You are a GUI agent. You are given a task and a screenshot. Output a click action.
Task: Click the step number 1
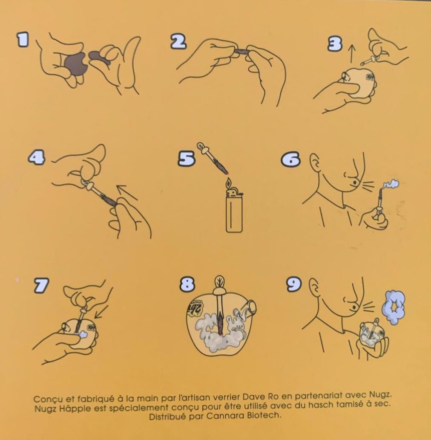pyautogui.click(x=23, y=39)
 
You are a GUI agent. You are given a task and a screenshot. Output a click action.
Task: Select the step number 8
pyautogui.click(x=187, y=284)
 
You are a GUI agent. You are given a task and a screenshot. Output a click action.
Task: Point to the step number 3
pyautogui.click(x=335, y=44)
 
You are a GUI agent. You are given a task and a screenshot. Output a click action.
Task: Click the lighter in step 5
pyautogui.click(x=234, y=211)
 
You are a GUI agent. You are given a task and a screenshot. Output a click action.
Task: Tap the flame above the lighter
pyautogui.click(x=229, y=182)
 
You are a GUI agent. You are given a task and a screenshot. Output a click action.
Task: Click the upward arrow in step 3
pyautogui.click(x=352, y=54)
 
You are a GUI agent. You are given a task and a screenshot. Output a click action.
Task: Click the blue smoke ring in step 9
pyautogui.click(x=394, y=307)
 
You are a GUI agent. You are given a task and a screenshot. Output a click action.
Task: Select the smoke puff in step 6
pyautogui.click(x=391, y=185)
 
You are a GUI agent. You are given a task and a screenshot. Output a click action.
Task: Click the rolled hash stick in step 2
pyautogui.click(x=242, y=51)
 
